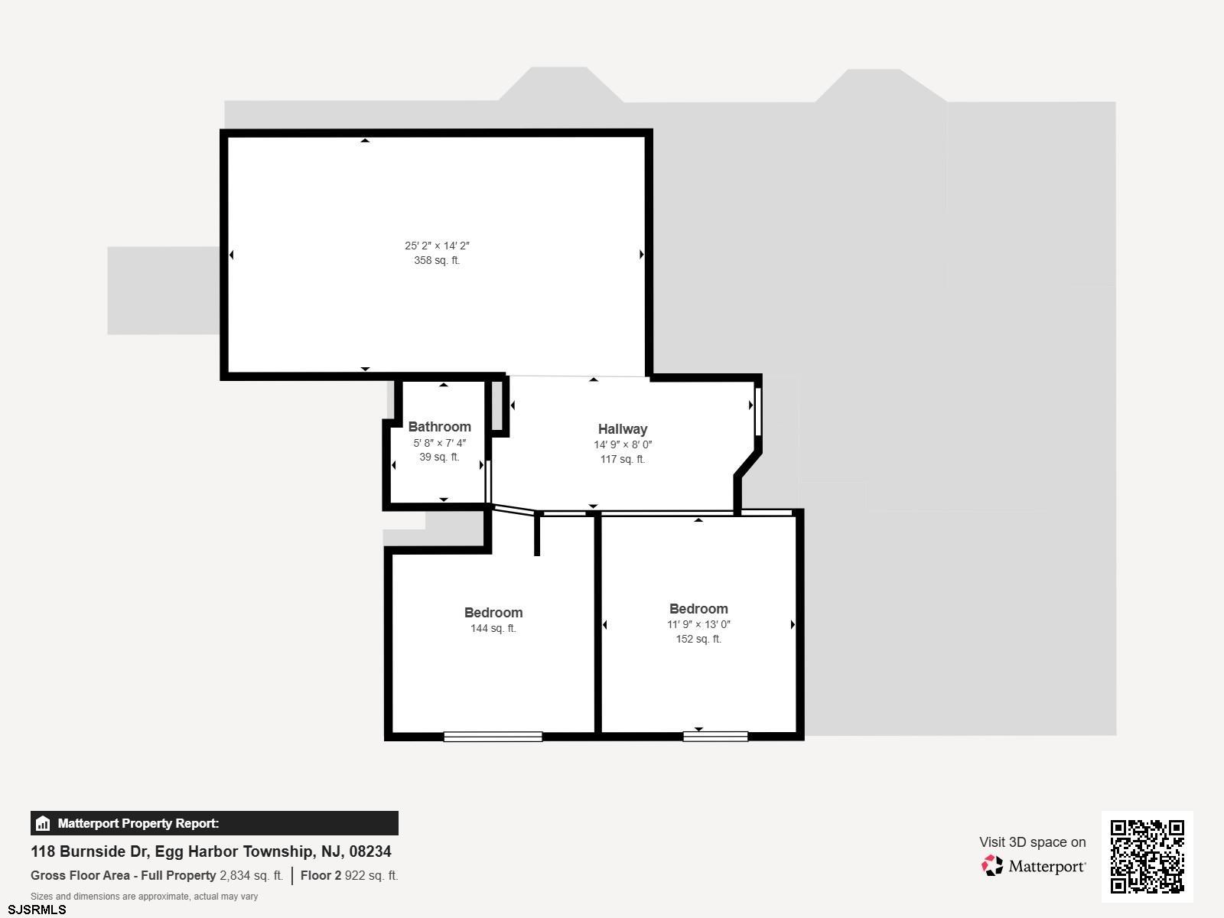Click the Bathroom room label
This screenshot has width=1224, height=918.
(x=439, y=427)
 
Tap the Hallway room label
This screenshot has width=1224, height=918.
(x=622, y=429)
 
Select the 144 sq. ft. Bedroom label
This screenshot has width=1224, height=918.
(x=493, y=613)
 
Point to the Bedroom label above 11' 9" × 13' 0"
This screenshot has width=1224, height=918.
(x=698, y=609)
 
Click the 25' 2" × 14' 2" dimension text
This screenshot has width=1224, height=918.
(x=437, y=246)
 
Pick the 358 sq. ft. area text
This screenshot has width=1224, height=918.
(x=437, y=260)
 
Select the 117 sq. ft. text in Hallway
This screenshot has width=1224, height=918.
(x=622, y=459)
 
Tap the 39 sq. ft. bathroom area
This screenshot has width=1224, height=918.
(x=439, y=457)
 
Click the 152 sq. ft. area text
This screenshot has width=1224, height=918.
(x=698, y=639)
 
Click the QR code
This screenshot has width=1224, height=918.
(x=1147, y=856)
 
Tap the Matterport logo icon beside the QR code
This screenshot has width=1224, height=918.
(x=992, y=866)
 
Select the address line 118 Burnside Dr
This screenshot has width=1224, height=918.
(x=211, y=851)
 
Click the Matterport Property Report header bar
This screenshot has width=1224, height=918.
(x=214, y=823)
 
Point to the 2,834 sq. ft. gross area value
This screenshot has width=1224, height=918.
(x=252, y=875)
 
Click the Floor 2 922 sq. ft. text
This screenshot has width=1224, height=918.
(x=349, y=875)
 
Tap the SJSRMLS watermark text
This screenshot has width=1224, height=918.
(x=37, y=910)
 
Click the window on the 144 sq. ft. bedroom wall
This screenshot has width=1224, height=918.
(x=493, y=737)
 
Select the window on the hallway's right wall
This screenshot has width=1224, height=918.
(x=758, y=412)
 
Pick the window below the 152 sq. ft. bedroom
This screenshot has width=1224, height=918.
(x=715, y=737)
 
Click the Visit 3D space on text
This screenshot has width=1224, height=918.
(x=1033, y=842)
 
